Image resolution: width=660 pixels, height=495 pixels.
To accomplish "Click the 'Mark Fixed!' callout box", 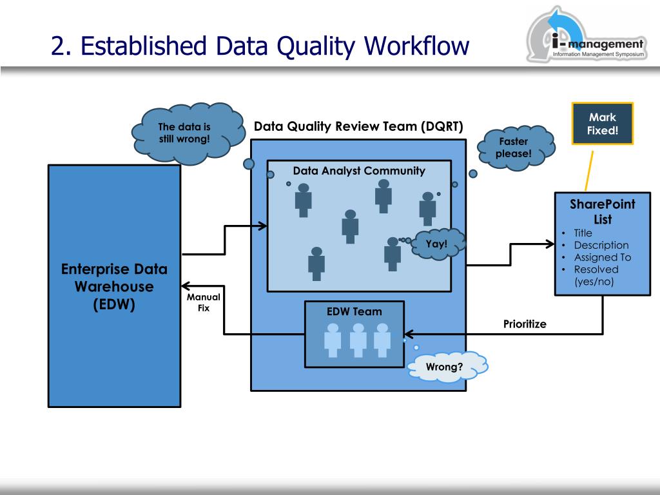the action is pyautogui.click(x=603, y=124).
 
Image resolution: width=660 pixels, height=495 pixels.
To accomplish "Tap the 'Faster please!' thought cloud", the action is pyautogui.click(x=516, y=148).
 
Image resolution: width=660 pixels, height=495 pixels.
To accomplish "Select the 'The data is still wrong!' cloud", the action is pyautogui.click(x=188, y=133).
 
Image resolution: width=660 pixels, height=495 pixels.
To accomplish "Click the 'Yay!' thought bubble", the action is pyautogui.click(x=438, y=244).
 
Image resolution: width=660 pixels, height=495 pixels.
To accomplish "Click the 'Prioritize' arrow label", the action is pyautogui.click(x=525, y=324).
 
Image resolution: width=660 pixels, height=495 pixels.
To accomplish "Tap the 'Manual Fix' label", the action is pyautogui.click(x=204, y=302).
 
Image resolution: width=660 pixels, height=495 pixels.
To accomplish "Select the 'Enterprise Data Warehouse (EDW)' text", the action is pyautogui.click(x=114, y=286).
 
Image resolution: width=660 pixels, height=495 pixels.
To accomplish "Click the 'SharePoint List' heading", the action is pyautogui.click(x=603, y=211).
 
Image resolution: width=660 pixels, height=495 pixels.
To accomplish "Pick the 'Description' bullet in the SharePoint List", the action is pyautogui.click(x=601, y=245).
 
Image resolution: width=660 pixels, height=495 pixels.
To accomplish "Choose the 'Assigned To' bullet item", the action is pyautogui.click(x=603, y=257).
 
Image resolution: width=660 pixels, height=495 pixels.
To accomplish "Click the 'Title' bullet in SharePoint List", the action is pyautogui.click(x=583, y=233).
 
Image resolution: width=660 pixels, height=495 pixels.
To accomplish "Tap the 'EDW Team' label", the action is pyautogui.click(x=354, y=311).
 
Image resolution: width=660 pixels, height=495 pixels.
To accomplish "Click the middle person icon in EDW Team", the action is pyautogui.click(x=358, y=340).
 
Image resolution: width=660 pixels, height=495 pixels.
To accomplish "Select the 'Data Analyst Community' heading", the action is pyautogui.click(x=359, y=170).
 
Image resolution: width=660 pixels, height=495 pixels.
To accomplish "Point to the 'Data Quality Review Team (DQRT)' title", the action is pyautogui.click(x=358, y=126).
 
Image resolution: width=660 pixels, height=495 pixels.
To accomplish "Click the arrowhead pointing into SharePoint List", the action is pyautogui.click(x=550, y=244).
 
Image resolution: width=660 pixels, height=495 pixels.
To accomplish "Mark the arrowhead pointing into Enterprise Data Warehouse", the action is pyautogui.click(x=185, y=286).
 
